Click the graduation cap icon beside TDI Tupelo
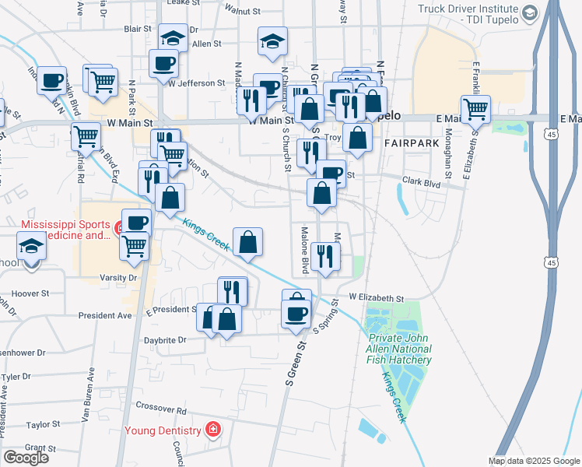pos(530,12)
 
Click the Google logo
pos(26,458)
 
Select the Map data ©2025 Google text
pos(533,461)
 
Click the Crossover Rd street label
pos(161,408)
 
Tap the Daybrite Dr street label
pos(167,340)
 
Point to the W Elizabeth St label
pos(377,297)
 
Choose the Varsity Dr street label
pos(117,277)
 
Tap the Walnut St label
pos(241,12)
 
